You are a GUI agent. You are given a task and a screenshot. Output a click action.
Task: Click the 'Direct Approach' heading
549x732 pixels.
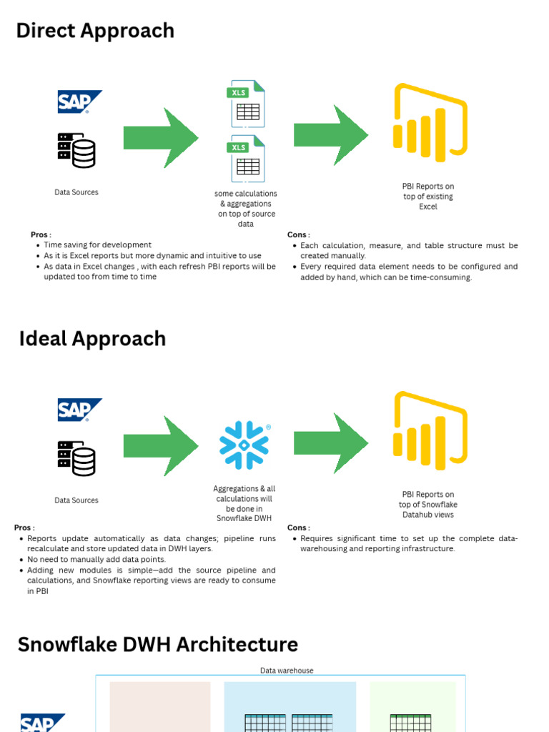coord(95,31)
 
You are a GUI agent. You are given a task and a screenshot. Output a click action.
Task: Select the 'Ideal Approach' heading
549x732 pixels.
coord(92,339)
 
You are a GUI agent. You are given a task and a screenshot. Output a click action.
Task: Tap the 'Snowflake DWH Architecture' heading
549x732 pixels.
coord(157,644)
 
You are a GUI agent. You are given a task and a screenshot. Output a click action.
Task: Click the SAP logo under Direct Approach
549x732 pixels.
coord(79,102)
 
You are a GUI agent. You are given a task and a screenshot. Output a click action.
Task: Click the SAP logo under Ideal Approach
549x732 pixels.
coord(79,410)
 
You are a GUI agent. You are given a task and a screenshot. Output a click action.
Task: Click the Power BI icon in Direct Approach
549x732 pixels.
coord(430,124)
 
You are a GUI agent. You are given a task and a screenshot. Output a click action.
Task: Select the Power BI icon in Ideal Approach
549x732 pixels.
coord(430,432)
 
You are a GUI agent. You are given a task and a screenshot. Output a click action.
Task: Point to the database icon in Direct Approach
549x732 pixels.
coord(76,150)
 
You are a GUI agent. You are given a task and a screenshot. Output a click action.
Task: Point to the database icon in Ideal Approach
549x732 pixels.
coord(76,458)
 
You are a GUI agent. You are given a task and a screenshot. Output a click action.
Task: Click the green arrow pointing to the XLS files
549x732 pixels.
coord(161,137)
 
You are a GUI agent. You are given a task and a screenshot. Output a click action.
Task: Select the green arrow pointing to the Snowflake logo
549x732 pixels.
coord(161,445)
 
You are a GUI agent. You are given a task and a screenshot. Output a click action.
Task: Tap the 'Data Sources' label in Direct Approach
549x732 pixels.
coord(76,192)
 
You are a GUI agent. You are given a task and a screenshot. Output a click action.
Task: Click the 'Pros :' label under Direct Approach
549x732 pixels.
coord(41,234)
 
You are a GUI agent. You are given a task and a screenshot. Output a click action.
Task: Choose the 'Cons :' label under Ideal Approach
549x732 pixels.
coord(299,528)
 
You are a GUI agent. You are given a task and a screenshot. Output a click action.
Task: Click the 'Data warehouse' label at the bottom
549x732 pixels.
coord(286,671)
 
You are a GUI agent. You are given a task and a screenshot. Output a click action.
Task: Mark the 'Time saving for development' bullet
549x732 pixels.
coord(98,245)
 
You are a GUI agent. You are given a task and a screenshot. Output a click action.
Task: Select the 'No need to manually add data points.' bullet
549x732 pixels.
coord(97,560)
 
